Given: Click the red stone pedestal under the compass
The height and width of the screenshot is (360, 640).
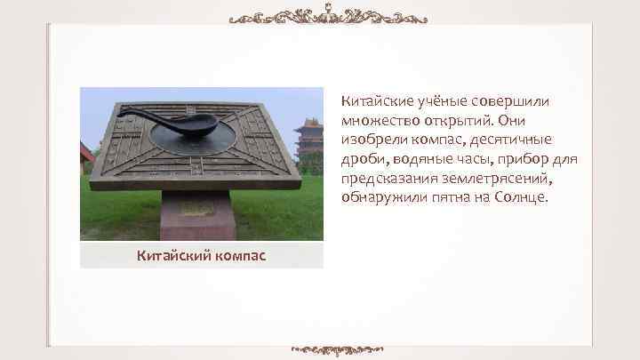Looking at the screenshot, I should coord(197,214).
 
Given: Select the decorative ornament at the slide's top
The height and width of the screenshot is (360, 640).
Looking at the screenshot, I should coord(327,17).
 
